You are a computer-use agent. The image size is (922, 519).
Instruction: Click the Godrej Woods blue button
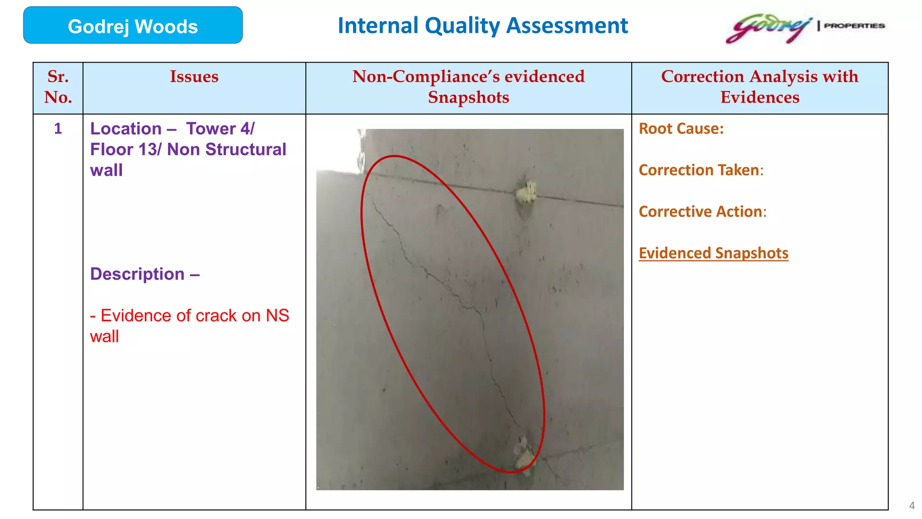pyautogui.click(x=133, y=26)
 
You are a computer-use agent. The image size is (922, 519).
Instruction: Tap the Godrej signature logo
pyautogui.click(x=768, y=28)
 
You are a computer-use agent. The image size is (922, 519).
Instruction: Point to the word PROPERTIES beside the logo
pyautogui.click(x=854, y=26)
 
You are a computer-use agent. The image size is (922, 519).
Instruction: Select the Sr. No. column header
pyautogui.click(x=58, y=87)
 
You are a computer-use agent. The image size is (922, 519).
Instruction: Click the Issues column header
pyautogui.click(x=194, y=77)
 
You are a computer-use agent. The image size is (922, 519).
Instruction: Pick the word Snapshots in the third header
pyautogui.click(x=468, y=97)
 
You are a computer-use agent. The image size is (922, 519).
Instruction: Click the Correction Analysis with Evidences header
pyautogui.click(x=759, y=87)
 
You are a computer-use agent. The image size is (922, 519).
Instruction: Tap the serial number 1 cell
pyautogui.click(x=58, y=129)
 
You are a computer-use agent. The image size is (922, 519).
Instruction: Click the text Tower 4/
pyautogui.click(x=220, y=129)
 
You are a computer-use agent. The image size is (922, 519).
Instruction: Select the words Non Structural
pyautogui.click(x=226, y=150)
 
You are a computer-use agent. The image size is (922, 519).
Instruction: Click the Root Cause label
pyautogui.click(x=681, y=129)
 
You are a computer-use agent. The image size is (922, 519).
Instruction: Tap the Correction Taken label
pyautogui.click(x=701, y=170)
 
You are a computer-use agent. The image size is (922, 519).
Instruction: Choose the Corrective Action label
pyautogui.click(x=702, y=212)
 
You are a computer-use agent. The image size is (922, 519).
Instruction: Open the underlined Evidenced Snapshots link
pyautogui.click(x=714, y=253)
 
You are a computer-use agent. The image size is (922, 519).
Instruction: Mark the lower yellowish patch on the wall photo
pyautogui.click(x=524, y=453)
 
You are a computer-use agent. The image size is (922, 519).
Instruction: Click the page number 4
pyautogui.click(x=912, y=505)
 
